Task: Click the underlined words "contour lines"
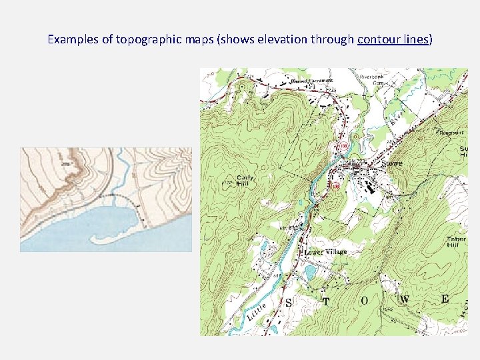(x=393, y=39)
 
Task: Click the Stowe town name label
(x=391, y=163)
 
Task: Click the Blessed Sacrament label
(x=312, y=81)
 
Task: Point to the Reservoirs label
(x=452, y=133)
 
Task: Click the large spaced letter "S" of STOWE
(x=289, y=302)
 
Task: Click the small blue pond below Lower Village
(x=310, y=273)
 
